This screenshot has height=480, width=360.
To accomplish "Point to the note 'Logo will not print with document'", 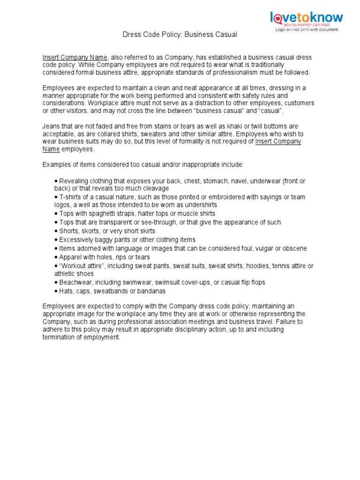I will (x=306, y=30).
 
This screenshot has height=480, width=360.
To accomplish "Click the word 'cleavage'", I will (x=154, y=188).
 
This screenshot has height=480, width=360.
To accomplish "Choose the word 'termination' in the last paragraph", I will (x=61, y=337).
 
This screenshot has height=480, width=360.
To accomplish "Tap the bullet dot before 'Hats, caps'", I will (x=56, y=291).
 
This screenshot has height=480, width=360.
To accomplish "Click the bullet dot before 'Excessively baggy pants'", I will (x=56, y=240).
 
